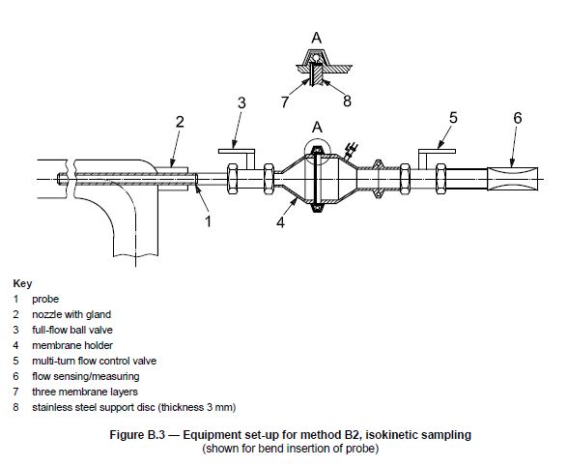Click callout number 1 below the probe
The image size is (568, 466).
point(208,220)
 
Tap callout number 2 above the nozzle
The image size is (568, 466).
point(180,122)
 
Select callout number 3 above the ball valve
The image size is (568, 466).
point(241,103)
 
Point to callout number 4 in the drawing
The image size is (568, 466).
point(280,222)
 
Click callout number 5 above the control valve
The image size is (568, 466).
point(453,118)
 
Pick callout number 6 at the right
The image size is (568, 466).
point(518,118)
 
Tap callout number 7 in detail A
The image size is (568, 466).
point(285,102)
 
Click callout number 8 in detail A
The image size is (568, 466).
point(347,102)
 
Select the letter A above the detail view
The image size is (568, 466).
point(317,38)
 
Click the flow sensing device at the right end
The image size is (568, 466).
point(512,179)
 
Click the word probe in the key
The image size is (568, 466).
point(45,299)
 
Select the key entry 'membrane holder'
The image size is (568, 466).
point(72,345)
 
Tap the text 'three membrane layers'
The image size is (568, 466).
point(85,392)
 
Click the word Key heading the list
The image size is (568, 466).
point(22,283)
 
